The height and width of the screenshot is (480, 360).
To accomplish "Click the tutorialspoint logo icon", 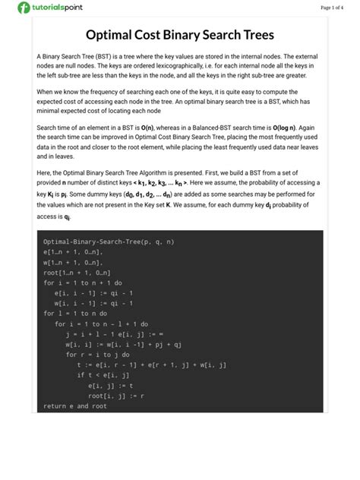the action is (25, 8).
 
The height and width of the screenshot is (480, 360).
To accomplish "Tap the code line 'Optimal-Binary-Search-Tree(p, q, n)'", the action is (109, 242).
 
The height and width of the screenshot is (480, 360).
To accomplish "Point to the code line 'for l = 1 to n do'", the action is (75, 313).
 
